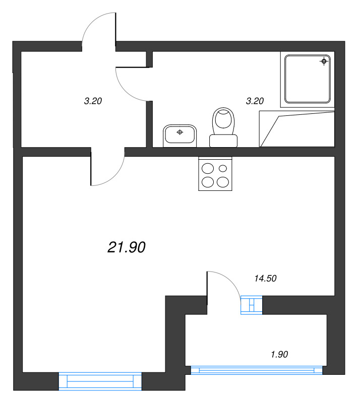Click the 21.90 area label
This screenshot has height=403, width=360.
(127, 247)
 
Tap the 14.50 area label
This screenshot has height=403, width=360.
(265, 279)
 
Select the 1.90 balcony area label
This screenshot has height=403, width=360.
(279, 355)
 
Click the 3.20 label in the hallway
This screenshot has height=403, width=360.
(93, 101)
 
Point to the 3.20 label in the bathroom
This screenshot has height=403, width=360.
(255, 101)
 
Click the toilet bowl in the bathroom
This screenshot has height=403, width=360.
(223, 121)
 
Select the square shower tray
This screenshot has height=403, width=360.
(307, 79)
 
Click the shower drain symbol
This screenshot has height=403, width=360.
(324, 61)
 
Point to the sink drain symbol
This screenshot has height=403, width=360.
(179, 132)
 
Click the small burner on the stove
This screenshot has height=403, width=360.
(223, 168)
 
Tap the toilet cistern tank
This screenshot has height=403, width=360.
(223, 141)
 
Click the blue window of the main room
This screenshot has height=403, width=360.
(100, 381)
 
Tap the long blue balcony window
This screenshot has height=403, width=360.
(256, 370)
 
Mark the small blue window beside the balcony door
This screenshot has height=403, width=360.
(252, 305)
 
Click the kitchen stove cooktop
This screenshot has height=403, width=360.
(215, 174)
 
